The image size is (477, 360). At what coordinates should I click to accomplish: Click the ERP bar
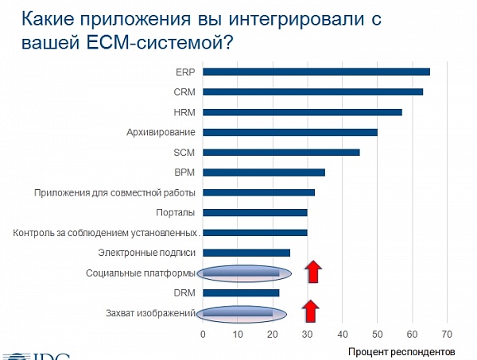(316, 72)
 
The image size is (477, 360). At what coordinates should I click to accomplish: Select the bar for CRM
(313, 92)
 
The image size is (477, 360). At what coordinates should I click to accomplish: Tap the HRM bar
(302, 112)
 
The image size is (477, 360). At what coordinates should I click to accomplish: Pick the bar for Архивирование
(290, 132)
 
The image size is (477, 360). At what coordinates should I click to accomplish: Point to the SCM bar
(281, 153)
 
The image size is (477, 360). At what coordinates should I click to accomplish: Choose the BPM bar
(264, 172)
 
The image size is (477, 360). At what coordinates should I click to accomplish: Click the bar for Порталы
(255, 212)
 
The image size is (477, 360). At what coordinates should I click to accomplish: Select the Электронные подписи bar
(246, 253)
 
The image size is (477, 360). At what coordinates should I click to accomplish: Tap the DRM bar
(241, 292)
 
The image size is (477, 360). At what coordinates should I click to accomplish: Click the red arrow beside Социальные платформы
(313, 271)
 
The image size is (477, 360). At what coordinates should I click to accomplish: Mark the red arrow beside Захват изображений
(311, 311)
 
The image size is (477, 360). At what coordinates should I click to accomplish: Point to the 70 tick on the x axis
(447, 335)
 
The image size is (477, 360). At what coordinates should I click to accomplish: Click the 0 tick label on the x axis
(203, 335)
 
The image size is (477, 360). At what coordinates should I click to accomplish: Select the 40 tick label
(343, 335)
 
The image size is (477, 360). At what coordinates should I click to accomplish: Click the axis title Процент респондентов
(401, 352)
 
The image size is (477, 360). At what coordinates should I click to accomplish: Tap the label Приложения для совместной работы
(114, 193)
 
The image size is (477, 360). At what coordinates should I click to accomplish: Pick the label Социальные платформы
(140, 273)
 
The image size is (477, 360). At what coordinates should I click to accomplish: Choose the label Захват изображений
(150, 313)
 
